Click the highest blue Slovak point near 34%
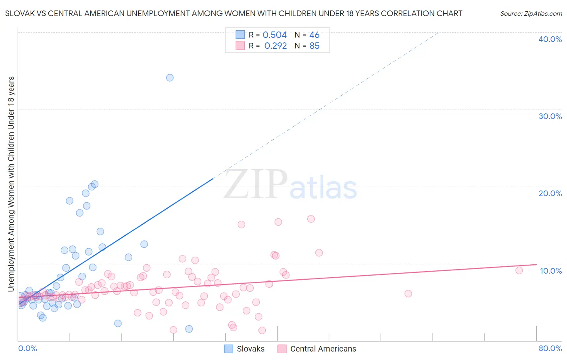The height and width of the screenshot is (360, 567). click(170, 77)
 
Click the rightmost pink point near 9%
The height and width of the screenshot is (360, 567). click(519, 270)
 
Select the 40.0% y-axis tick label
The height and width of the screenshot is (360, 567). click(550, 39)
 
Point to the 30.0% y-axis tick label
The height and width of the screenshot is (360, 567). click(550, 116)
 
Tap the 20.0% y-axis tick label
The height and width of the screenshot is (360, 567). click(550, 193)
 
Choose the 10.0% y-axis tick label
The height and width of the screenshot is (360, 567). click(551, 271)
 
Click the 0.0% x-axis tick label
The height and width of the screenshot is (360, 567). click(27, 348)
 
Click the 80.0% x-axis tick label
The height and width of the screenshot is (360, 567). click(550, 348)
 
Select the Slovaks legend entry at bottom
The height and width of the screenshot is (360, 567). click(244, 349)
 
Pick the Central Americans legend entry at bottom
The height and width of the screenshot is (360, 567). click(317, 349)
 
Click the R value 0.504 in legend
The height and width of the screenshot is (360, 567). click(275, 35)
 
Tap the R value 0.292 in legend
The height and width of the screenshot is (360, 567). click(275, 46)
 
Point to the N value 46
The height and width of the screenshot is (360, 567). click(314, 35)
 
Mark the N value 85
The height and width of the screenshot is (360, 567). click(314, 46)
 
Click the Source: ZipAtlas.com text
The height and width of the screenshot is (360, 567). click(531, 14)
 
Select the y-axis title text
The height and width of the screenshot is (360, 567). click(11, 184)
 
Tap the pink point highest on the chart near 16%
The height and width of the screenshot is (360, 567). click(311, 219)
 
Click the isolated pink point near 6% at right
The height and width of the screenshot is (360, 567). click(408, 293)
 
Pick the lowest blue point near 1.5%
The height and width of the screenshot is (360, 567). click(189, 329)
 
